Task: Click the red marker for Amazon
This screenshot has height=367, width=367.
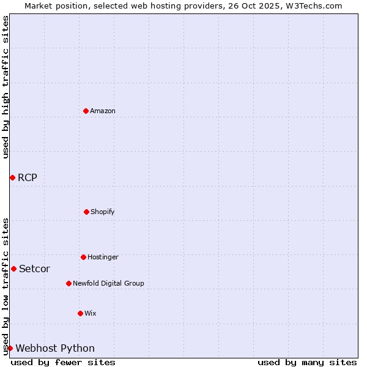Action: point(86,111)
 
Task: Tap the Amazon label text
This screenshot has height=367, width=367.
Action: point(103,111)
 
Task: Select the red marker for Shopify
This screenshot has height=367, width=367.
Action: point(86,212)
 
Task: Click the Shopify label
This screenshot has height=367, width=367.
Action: point(103,212)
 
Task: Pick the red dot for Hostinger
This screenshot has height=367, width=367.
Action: point(83,257)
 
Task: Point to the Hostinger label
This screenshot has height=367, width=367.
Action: point(103,257)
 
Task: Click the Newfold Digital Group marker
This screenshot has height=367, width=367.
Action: point(69,283)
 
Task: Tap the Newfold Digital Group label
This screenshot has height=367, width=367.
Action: point(108,283)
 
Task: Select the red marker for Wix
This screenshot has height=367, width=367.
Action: point(80,313)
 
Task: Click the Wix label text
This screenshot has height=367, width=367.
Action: point(91,313)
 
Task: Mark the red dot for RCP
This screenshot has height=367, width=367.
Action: point(12,177)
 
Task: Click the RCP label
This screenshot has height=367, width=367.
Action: point(28,178)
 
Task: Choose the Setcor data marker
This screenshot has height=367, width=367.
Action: point(13,269)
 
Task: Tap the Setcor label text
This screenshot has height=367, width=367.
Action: point(35,269)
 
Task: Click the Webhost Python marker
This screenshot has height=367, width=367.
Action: point(10,348)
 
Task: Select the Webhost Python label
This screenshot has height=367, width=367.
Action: point(55,349)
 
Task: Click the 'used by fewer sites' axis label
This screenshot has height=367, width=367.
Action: point(63,362)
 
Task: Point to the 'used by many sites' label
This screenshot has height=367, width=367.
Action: point(307,362)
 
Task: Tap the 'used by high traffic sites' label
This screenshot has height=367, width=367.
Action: point(6,87)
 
